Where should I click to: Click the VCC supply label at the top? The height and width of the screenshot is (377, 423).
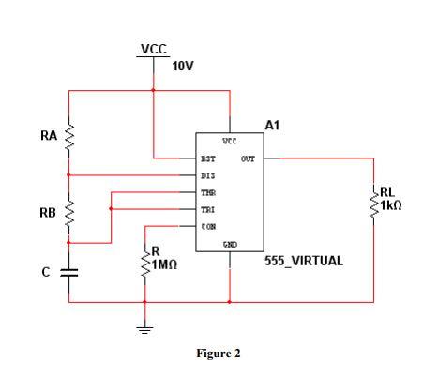click(x=154, y=49)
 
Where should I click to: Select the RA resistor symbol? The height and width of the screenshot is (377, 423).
click(x=69, y=137)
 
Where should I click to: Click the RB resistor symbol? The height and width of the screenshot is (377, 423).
click(x=69, y=213)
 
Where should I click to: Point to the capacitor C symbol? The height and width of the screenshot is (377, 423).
click(x=69, y=272)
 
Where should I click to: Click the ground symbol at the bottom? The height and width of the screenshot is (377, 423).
click(x=144, y=328)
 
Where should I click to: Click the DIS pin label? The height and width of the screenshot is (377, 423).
click(x=208, y=175)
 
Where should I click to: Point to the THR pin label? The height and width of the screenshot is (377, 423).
click(x=208, y=192)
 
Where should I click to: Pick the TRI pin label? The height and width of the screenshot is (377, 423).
click(x=208, y=209)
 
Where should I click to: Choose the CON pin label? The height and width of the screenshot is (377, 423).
click(x=208, y=226)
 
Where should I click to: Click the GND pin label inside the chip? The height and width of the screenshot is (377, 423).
click(x=229, y=244)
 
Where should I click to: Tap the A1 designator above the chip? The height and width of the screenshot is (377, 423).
click(x=273, y=124)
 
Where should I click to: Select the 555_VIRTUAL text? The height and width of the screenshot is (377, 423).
click(x=305, y=260)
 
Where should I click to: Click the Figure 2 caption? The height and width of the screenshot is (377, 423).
click(x=218, y=354)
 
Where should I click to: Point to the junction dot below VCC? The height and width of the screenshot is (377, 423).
click(x=154, y=91)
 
